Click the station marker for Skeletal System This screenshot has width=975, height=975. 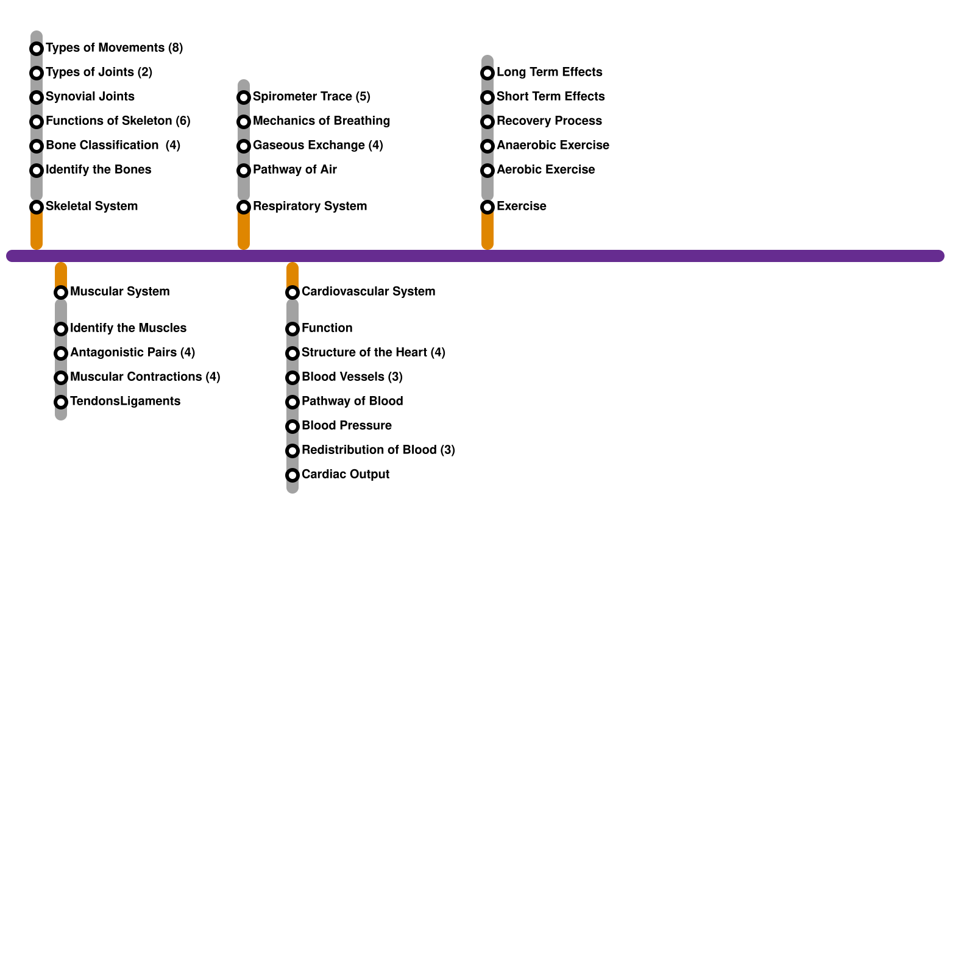(37, 207)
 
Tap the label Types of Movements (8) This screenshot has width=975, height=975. (114, 48)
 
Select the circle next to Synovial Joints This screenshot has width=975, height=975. (37, 97)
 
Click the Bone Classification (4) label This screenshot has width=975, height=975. (113, 145)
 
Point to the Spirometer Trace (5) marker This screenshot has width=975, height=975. (244, 97)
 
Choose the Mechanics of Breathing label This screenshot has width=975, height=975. (321, 121)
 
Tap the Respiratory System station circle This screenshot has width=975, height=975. (244, 207)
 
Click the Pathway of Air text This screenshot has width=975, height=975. (294, 169)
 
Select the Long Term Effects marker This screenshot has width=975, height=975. (487, 73)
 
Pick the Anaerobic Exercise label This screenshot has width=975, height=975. (553, 145)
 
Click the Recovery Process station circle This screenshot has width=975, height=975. (487, 122)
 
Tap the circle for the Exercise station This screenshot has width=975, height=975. (487, 207)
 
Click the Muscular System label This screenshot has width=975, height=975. (119, 291)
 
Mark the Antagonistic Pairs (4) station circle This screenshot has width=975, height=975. (61, 353)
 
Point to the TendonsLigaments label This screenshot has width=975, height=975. (125, 401)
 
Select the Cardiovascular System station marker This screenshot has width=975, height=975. (292, 292)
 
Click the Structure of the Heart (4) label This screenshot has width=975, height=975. (373, 352)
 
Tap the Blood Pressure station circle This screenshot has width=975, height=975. (292, 427)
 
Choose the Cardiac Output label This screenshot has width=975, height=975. (345, 474)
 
